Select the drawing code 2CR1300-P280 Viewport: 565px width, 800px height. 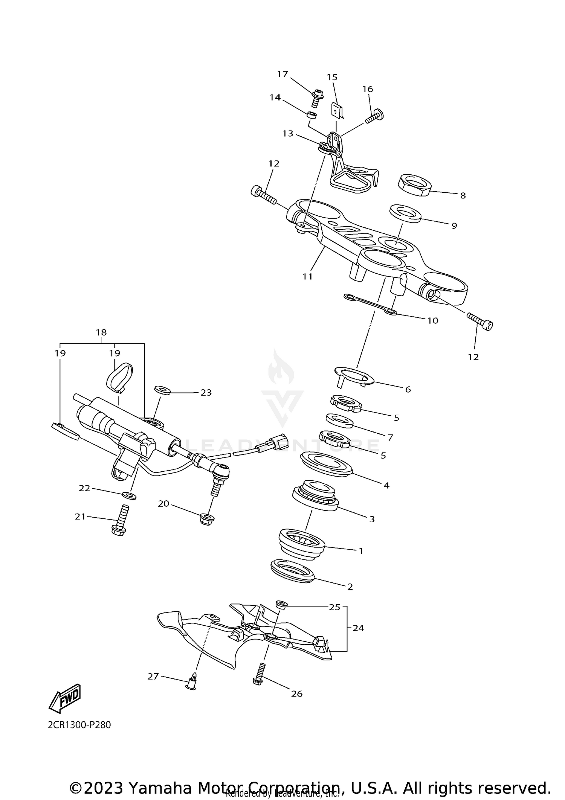tap(79, 725)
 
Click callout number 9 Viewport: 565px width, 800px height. tap(454, 226)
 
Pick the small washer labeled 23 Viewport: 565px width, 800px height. tap(163, 390)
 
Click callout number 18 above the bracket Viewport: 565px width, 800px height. tap(101, 332)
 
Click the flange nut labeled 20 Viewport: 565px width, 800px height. tap(207, 518)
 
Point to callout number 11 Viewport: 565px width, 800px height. tap(307, 277)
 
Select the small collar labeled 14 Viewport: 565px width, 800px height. tap(312, 114)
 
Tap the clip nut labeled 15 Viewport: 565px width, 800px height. tap(336, 111)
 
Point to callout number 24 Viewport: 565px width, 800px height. tap(358, 628)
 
